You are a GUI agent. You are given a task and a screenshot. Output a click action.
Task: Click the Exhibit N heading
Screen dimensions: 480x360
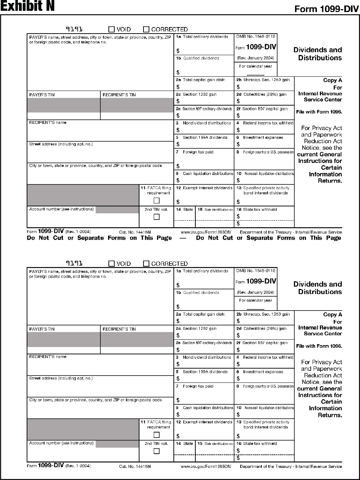coord(27,7)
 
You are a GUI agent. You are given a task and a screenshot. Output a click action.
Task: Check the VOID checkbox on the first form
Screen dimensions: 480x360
coord(112,29)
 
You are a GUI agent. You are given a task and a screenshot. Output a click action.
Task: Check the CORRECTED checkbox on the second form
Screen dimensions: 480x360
coord(146,264)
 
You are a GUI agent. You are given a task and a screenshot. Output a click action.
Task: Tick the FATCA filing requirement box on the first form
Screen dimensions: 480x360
coord(157,201)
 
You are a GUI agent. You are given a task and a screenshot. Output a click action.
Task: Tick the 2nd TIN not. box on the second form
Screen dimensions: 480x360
coord(157,451)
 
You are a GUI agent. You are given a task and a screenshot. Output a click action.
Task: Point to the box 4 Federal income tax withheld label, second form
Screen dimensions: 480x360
coord(265,357)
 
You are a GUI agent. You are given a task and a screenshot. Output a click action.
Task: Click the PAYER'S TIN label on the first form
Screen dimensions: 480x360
coord(42,95)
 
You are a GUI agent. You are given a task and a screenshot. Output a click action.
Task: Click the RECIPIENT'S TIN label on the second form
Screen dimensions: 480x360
coord(119,329)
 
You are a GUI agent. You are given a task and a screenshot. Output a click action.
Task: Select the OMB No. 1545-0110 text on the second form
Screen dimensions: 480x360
coord(256,271)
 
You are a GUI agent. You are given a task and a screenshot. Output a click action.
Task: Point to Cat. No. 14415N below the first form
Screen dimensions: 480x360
coord(135,232)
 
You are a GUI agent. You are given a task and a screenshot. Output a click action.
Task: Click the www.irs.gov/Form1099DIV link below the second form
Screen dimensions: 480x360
coord(206,466)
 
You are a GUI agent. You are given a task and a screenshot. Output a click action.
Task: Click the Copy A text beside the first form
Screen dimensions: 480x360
coord(333,80)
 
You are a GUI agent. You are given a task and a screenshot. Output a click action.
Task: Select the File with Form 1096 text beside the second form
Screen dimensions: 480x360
coord(319,346)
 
